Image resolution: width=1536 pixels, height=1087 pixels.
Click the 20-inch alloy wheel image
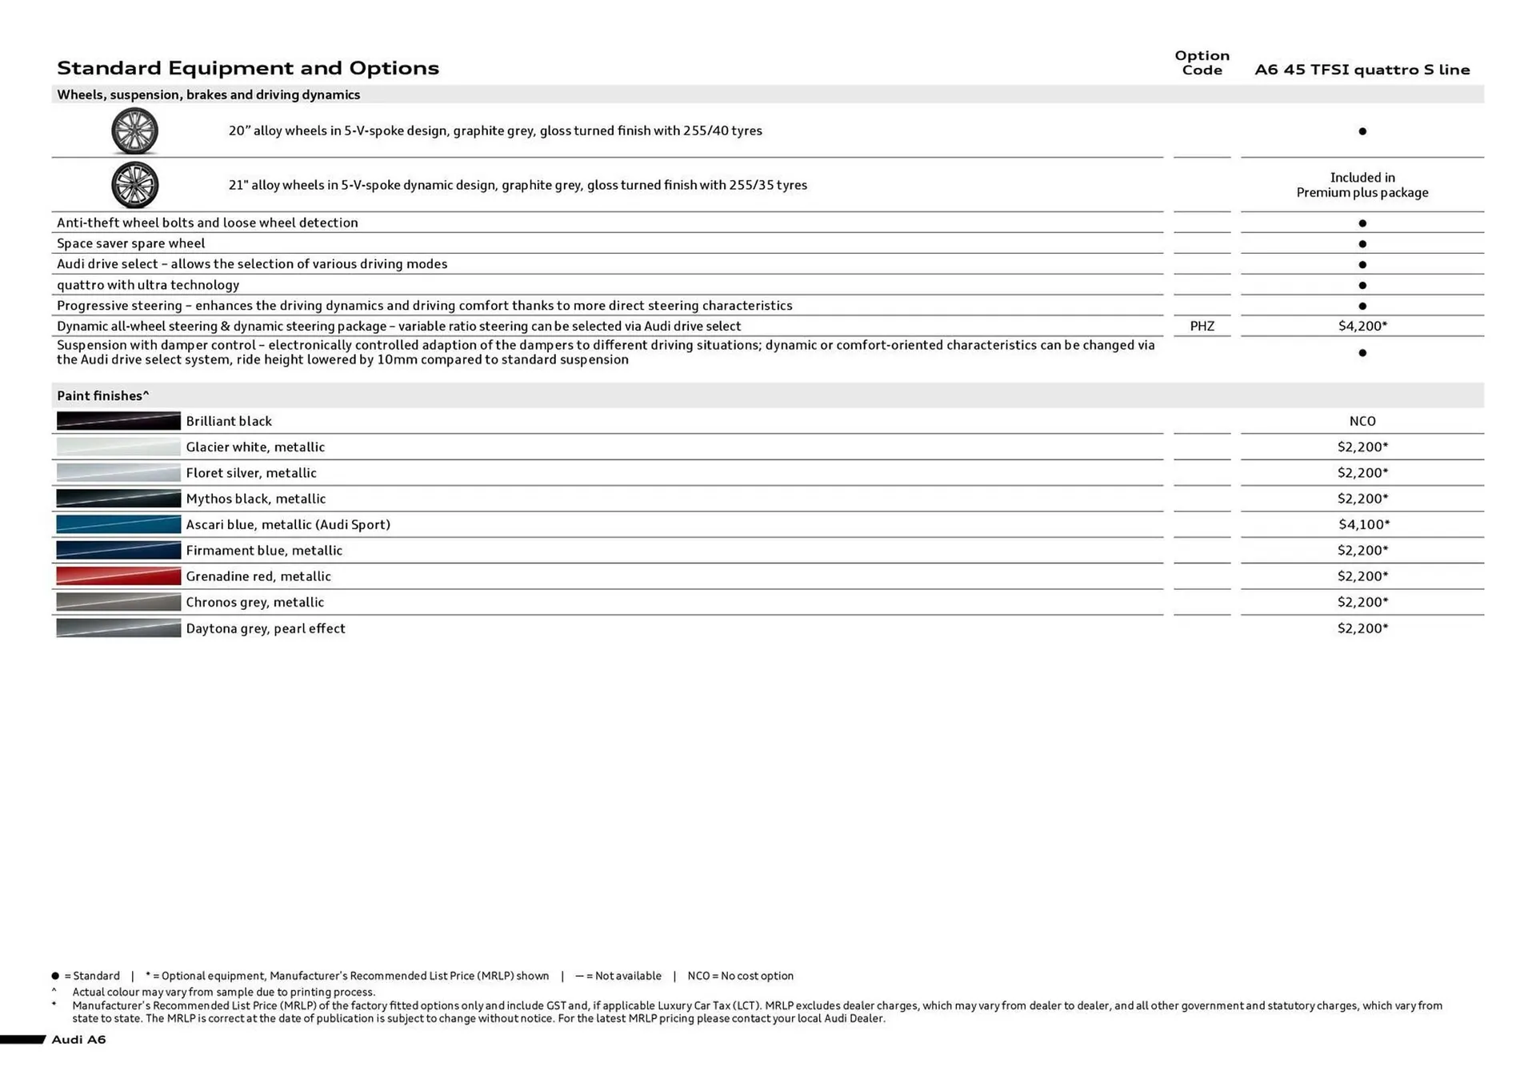coord(134,130)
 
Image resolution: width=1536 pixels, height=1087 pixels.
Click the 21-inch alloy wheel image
coord(134,185)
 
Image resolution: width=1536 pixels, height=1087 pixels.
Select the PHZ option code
coord(1202,326)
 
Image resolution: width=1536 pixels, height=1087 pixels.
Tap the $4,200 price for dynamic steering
coord(1362,326)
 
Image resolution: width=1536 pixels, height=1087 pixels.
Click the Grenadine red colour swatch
coord(118,576)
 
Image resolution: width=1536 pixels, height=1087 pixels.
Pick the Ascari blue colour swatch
coord(118,524)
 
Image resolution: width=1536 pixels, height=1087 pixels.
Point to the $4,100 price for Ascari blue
coord(1363,524)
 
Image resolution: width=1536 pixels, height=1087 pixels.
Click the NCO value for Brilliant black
coord(1362,421)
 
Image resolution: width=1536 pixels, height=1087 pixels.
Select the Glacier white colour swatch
coord(118,447)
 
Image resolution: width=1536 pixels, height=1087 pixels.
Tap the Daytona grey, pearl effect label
coord(266,628)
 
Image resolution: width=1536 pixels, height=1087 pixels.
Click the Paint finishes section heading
coord(103,395)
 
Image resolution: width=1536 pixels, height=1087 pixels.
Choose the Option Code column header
coord(1202,62)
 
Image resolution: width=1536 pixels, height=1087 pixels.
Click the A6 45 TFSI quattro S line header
coord(1362,70)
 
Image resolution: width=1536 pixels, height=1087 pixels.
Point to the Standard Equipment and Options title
coord(248,68)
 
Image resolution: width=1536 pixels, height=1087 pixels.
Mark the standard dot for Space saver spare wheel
coord(1362,243)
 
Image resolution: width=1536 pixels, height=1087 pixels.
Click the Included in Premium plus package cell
coord(1362,185)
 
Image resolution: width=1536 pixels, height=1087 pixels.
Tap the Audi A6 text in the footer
coord(78,1039)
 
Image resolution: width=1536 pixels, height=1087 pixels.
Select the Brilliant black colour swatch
coord(118,421)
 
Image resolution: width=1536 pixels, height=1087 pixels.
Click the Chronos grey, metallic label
coord(254,602)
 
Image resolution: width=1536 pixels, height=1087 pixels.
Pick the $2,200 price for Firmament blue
coord(1362,550)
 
